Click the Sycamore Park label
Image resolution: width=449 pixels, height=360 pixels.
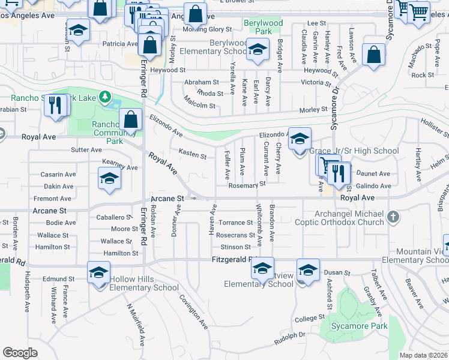361,326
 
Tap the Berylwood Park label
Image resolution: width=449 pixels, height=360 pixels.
263,27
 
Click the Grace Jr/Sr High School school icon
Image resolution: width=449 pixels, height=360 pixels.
300,139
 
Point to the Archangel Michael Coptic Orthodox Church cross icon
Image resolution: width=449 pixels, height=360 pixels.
393,217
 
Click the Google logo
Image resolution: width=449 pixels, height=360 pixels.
20,353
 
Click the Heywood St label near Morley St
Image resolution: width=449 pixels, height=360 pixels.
168,70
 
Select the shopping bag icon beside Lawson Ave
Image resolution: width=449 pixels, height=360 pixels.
373,55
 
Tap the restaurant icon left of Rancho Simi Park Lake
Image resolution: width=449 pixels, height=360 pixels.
55,106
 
